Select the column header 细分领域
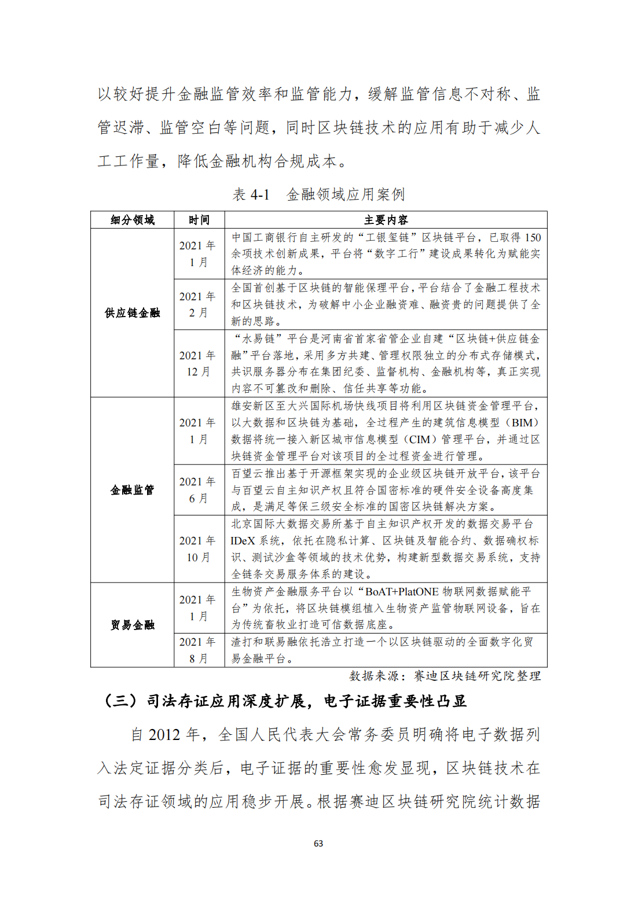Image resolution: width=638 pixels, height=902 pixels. point(132,220)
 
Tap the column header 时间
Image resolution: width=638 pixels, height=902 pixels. point(199,220)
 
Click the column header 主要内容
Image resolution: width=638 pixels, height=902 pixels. point(386,220)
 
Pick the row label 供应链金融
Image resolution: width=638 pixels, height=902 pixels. point(132,313)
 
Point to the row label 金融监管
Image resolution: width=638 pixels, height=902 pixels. point(132,490)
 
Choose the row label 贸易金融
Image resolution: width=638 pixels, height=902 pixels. point(132,625)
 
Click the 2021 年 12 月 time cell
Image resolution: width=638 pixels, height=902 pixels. point(198,363)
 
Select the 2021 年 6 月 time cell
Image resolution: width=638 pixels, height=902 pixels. point(198,489)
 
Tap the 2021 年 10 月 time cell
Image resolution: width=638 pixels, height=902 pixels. point(198,548)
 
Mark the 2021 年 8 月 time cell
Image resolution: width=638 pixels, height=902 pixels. point(198,650)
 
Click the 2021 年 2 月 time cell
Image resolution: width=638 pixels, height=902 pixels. point(198,304)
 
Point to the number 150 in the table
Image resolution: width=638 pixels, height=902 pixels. point(533,237)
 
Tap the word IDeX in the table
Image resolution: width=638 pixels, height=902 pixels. point(243,540)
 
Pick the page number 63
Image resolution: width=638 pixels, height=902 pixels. point(318,844)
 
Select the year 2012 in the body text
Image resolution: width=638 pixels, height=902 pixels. point(164,735)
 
